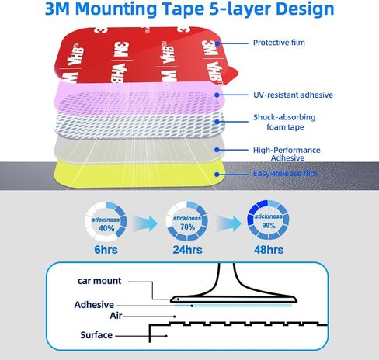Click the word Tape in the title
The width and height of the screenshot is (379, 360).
pos(184,9)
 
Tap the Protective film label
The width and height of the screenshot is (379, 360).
pos(279,43)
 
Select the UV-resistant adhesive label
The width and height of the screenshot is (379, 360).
pos(293,95)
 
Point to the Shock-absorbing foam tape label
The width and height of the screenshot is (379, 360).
pos(284,122)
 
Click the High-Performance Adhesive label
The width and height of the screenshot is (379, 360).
pos(287,154)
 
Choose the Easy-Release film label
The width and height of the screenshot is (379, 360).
pos(285,173)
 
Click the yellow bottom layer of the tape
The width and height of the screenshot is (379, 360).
pos(138,174)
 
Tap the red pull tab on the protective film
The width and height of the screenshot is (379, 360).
pos(231,75)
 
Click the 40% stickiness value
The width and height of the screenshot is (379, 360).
pos(106,228)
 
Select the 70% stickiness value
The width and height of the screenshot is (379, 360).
pos(187,227)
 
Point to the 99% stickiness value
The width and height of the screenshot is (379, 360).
pos(269,225)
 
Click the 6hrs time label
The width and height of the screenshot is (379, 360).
pos(106,250)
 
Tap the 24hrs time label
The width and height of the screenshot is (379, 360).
pos(187,250)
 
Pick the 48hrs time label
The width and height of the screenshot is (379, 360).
pos(269,250)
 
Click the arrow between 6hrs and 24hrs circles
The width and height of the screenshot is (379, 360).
pos(145,223)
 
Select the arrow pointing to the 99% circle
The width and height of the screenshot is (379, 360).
pos(229,223)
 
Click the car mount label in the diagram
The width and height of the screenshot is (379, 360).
pos(99,281)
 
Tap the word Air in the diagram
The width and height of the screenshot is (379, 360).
pos(116,316)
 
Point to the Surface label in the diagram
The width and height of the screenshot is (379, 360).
pos(96,335)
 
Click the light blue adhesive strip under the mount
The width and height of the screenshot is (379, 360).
pos(243,306)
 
